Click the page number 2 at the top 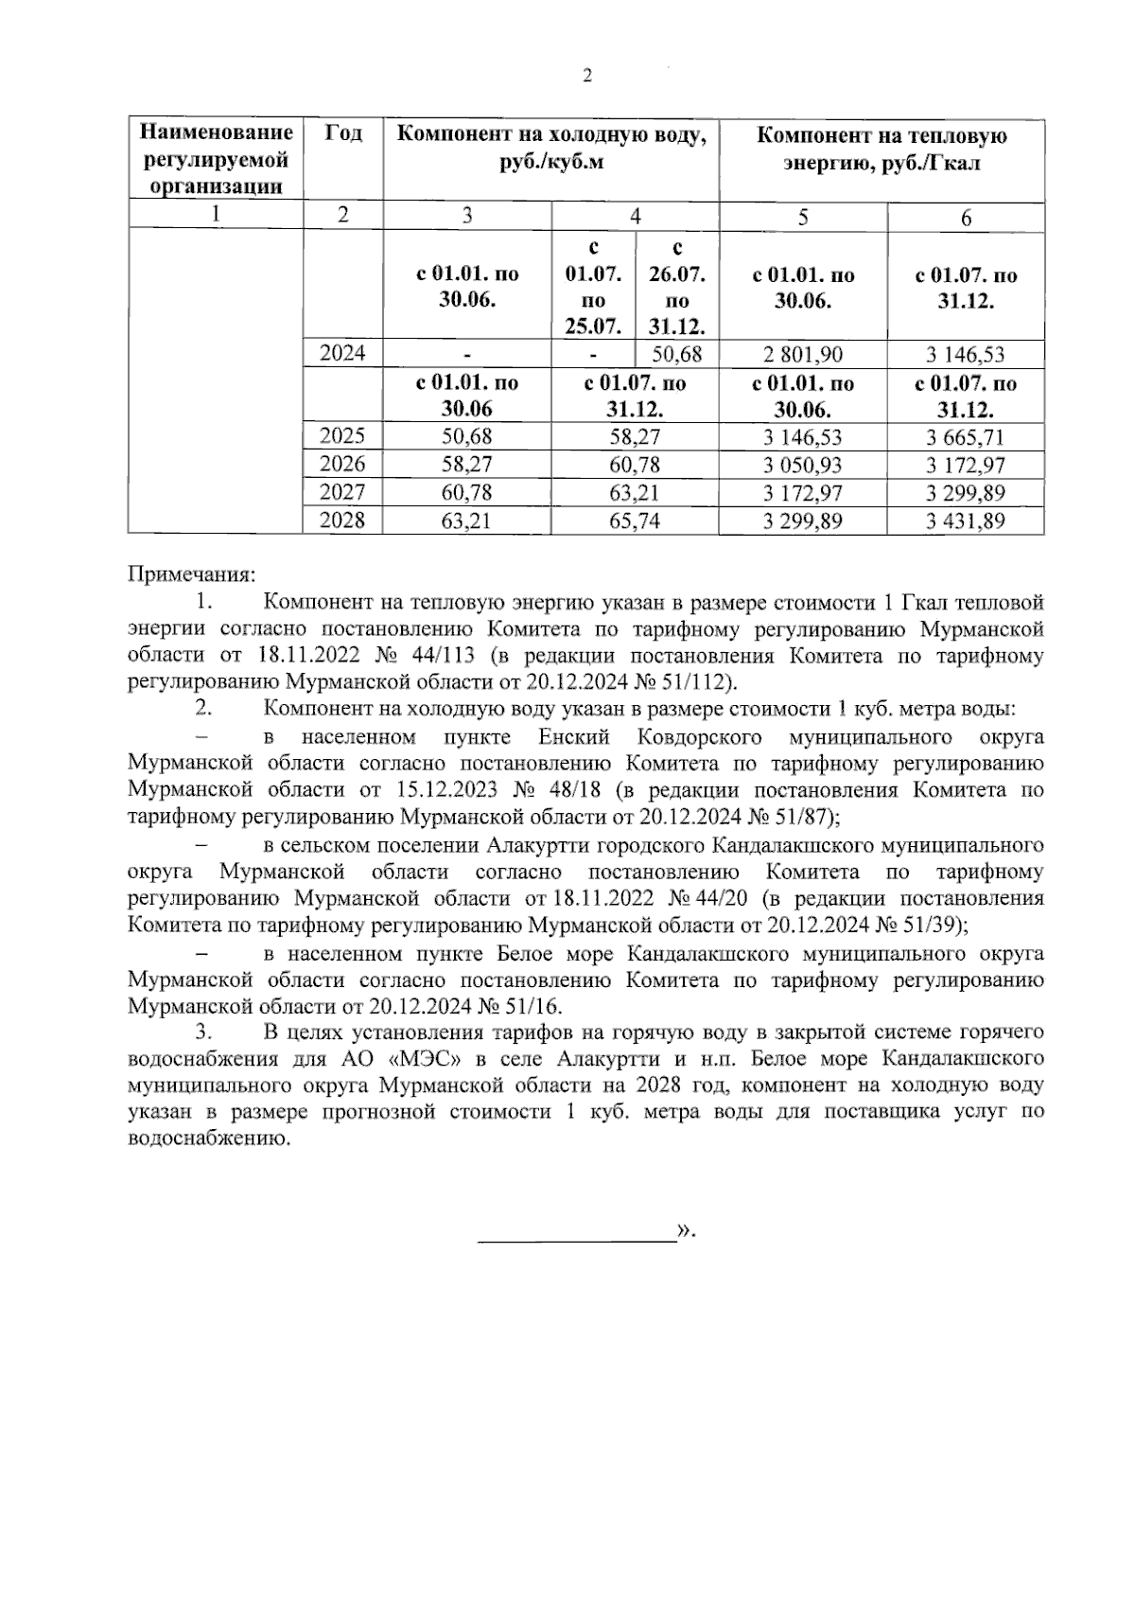pyautogui.click(x=586, y=77)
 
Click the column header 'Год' pyautogui.click(x=342, y=133)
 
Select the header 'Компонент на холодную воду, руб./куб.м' pyautogui.click(x=551, y=149)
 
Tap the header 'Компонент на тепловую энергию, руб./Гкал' pyautogui.click(x=882, y=149)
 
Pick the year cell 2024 pyautogui.click(x=342, y=355)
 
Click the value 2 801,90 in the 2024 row pyautogui.click(x=802, y=356)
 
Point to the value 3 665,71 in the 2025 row pyautogui.click(x=966, y=437)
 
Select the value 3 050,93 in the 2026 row pyautogui.click(x=802, y=465)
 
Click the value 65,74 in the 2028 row pyautogui.click(x=635, y=521)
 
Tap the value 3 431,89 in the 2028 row pyautogui.click(x=966, y=521)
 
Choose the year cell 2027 pyautogui.click(x=342, y=492)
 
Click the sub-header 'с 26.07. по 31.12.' pyautogui.click(x=676, y=288)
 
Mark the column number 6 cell pyautogui.click(x=966, y=218)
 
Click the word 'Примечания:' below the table pyautogui.click(x=192, y=574)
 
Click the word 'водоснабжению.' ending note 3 pyautogui.click(x=208, y=1138)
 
